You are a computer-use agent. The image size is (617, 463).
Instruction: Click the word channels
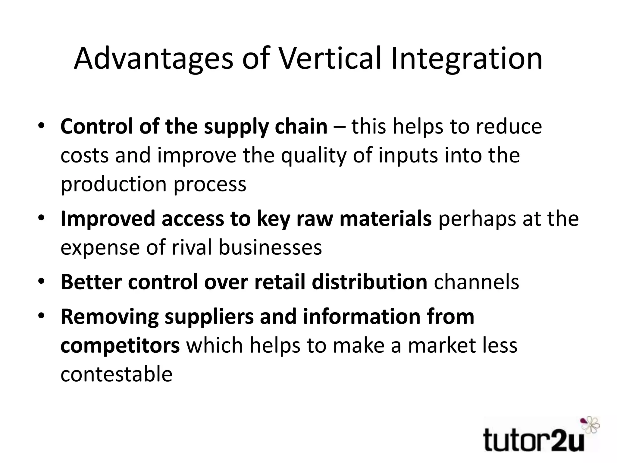click(476, 282)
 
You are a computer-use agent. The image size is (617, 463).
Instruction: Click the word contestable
click(116, 374)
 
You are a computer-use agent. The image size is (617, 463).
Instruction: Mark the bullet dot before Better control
click(41, 281)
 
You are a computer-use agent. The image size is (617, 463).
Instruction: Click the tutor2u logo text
click(534, 440)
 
